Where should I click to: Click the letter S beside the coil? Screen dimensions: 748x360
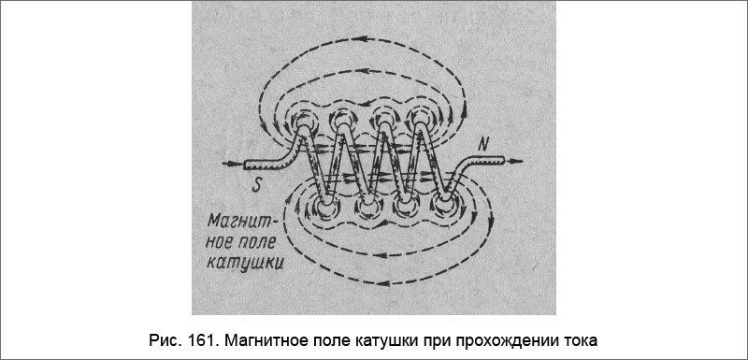coord(255,183)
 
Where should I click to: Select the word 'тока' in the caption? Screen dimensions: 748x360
coord(576,338)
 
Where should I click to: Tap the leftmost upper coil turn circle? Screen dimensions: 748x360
coord(307,122)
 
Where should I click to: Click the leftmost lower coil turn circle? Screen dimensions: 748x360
coord(326,207)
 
